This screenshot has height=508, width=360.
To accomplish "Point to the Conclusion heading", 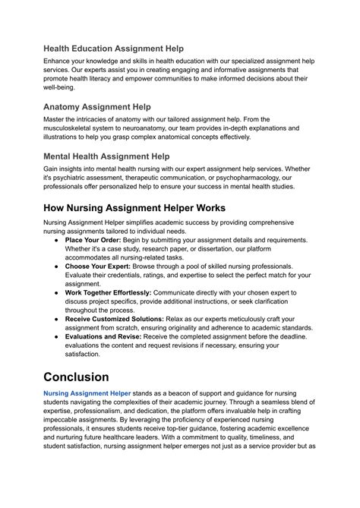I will (x=87, y=377).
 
